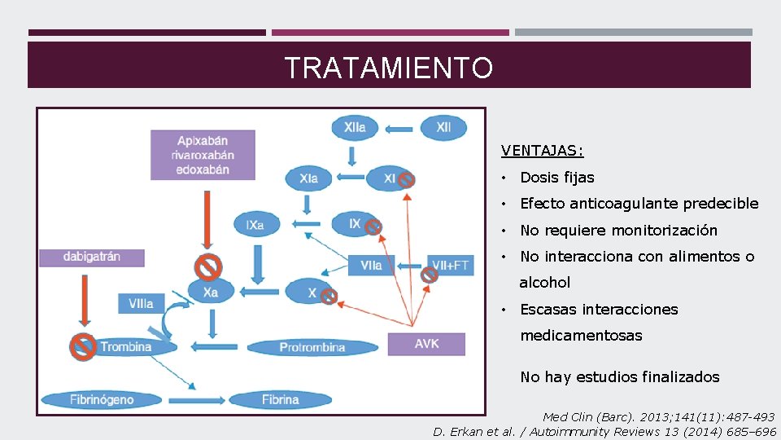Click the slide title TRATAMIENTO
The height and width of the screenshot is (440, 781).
[388, 68]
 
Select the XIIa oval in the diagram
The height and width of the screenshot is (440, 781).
[355, 128]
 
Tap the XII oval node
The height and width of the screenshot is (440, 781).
[443, 128]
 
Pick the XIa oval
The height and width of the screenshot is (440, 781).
[309, 178]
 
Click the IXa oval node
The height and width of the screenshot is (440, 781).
[255, 224]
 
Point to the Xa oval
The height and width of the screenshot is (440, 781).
[211, 292]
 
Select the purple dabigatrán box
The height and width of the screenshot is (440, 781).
[92, 257]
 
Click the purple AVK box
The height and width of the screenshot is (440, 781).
[426, 344]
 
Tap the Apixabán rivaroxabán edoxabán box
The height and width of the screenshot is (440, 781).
[203, 155]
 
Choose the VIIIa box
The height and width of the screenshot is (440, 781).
[141, 303]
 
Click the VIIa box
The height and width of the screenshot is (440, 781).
[371, 265]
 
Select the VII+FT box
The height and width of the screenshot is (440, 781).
[451, 265]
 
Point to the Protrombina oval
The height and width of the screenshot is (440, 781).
[312, 347]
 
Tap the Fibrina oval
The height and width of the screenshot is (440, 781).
[280, 400]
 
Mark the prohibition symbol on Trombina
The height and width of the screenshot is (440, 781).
[83, 345]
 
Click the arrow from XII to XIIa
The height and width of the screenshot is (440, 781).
[399, 128]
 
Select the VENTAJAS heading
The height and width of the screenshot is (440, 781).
[542, 151]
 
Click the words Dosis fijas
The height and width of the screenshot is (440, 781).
[557, 178]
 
